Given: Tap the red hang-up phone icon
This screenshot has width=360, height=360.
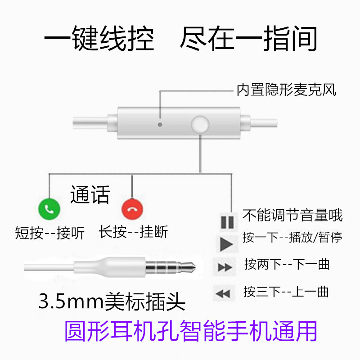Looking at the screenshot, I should click(132, 208).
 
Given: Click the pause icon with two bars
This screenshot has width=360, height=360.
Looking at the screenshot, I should click(227, 222).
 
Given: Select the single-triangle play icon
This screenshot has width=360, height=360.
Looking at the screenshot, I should click(226, 244).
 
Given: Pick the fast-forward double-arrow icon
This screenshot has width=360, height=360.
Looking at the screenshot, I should click(225, 268).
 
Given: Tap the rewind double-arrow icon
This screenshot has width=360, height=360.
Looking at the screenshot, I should click(223, 294).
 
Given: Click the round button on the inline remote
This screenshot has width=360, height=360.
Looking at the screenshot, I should click(200, 123).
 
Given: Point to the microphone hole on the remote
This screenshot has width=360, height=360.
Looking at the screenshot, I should click(160, 122).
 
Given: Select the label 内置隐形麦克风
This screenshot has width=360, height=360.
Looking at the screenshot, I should click(287, 90).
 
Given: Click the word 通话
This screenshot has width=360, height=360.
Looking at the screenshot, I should click(90, 195).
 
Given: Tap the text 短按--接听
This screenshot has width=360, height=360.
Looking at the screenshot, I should click(49, 233).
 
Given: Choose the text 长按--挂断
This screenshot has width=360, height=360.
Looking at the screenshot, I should click(133, 232).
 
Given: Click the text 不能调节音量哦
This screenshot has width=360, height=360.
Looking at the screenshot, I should click(292, 216).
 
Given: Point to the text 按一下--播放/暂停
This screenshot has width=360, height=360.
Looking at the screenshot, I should click(292, 237).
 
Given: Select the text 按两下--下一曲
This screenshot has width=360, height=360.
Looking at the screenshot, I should click(287, 264).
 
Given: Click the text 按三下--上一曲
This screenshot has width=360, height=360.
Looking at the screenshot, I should click(286, 291).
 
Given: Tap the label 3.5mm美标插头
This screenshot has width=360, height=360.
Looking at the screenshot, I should click(112, 301).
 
